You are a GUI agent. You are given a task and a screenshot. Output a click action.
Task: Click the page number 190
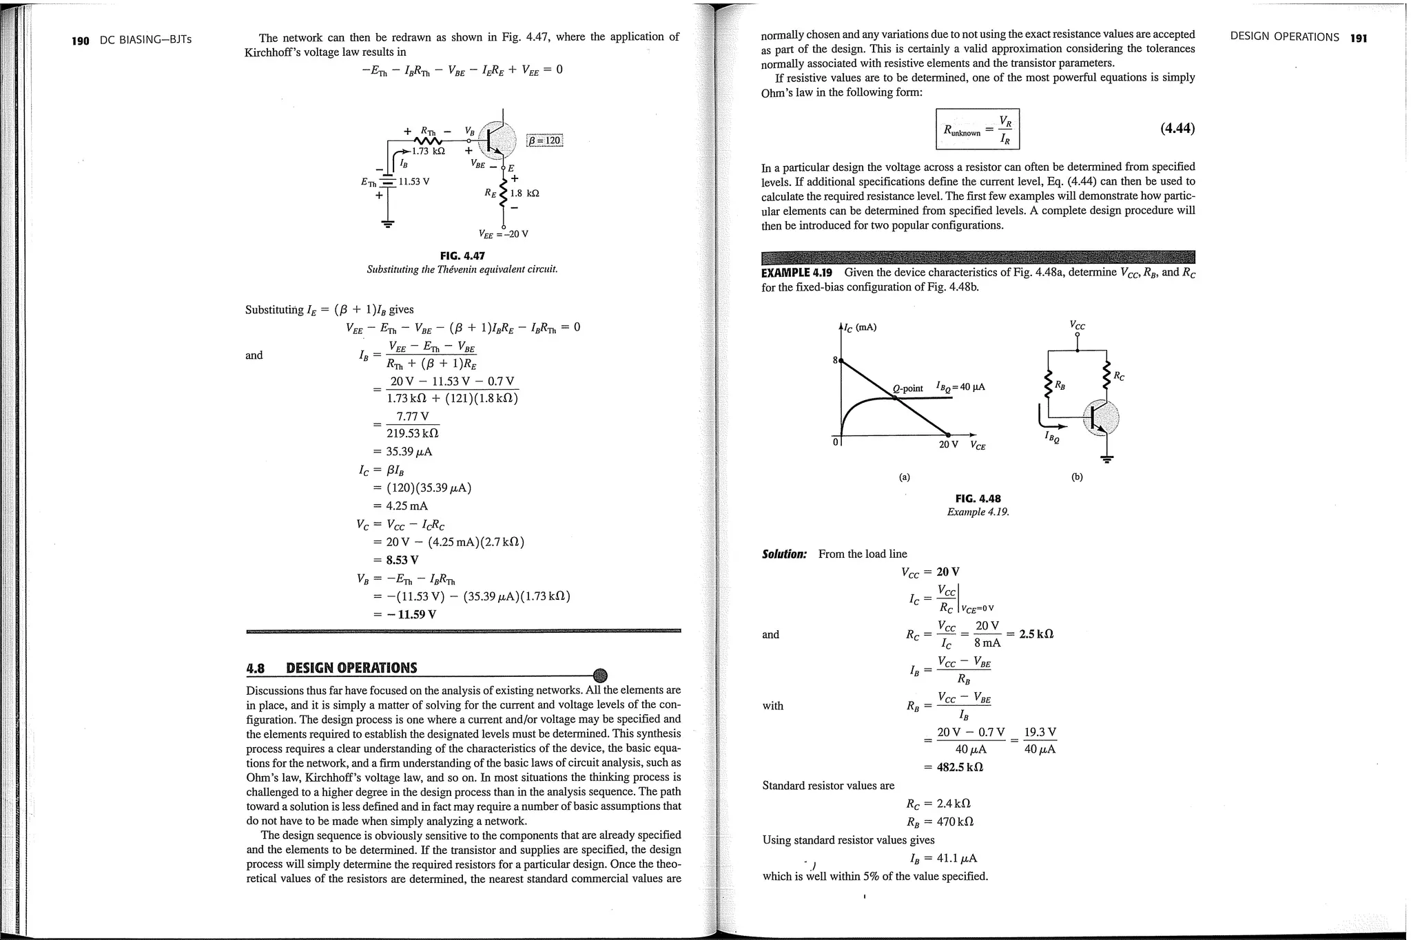point(81,41)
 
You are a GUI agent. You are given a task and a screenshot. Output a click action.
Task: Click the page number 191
point(1358,39)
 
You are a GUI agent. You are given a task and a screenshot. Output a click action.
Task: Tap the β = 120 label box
point(544,141)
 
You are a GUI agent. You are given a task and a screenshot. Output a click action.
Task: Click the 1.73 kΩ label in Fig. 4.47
point(429,151)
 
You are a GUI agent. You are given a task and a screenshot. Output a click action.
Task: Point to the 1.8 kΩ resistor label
point(524,194)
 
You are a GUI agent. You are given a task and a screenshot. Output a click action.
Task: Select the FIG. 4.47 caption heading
point(462,256)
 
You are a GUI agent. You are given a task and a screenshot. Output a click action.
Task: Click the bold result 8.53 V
point(402,560)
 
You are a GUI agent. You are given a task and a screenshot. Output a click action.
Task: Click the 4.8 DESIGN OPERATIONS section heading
point(331,668)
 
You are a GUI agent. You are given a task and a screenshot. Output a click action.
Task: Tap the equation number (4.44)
point(1177,128)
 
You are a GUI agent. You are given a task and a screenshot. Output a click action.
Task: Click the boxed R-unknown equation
point(977,129)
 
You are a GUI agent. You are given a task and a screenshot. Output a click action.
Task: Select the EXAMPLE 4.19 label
point(796,272)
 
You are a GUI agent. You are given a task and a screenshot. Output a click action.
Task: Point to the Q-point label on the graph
point(908,388)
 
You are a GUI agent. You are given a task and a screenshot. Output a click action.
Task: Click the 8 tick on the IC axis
point(835,360)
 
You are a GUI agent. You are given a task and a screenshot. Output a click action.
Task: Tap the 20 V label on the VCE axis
point(949,445)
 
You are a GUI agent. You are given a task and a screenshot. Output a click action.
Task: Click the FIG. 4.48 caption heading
point(978,499)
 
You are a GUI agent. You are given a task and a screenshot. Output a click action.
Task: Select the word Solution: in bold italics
point(784,554)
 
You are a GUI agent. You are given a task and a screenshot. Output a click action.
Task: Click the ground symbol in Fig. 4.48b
point(1107,459)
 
